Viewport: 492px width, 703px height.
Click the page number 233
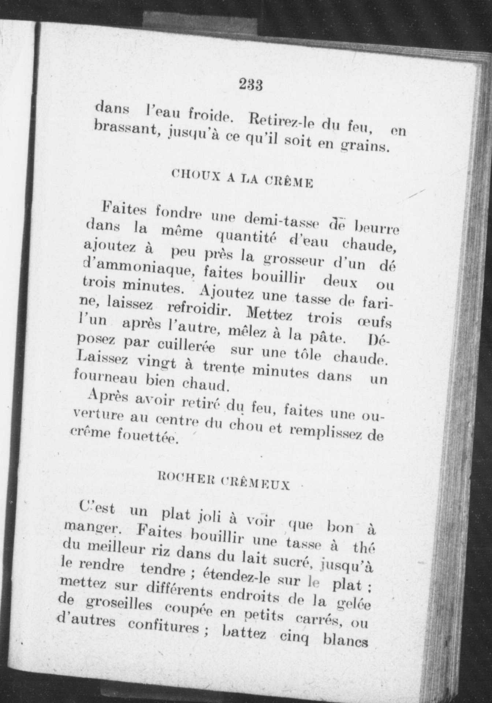coord(251,85)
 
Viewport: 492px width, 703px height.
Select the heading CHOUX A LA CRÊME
coord(242,179)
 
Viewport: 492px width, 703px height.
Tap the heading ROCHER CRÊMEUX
coord(223,480)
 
